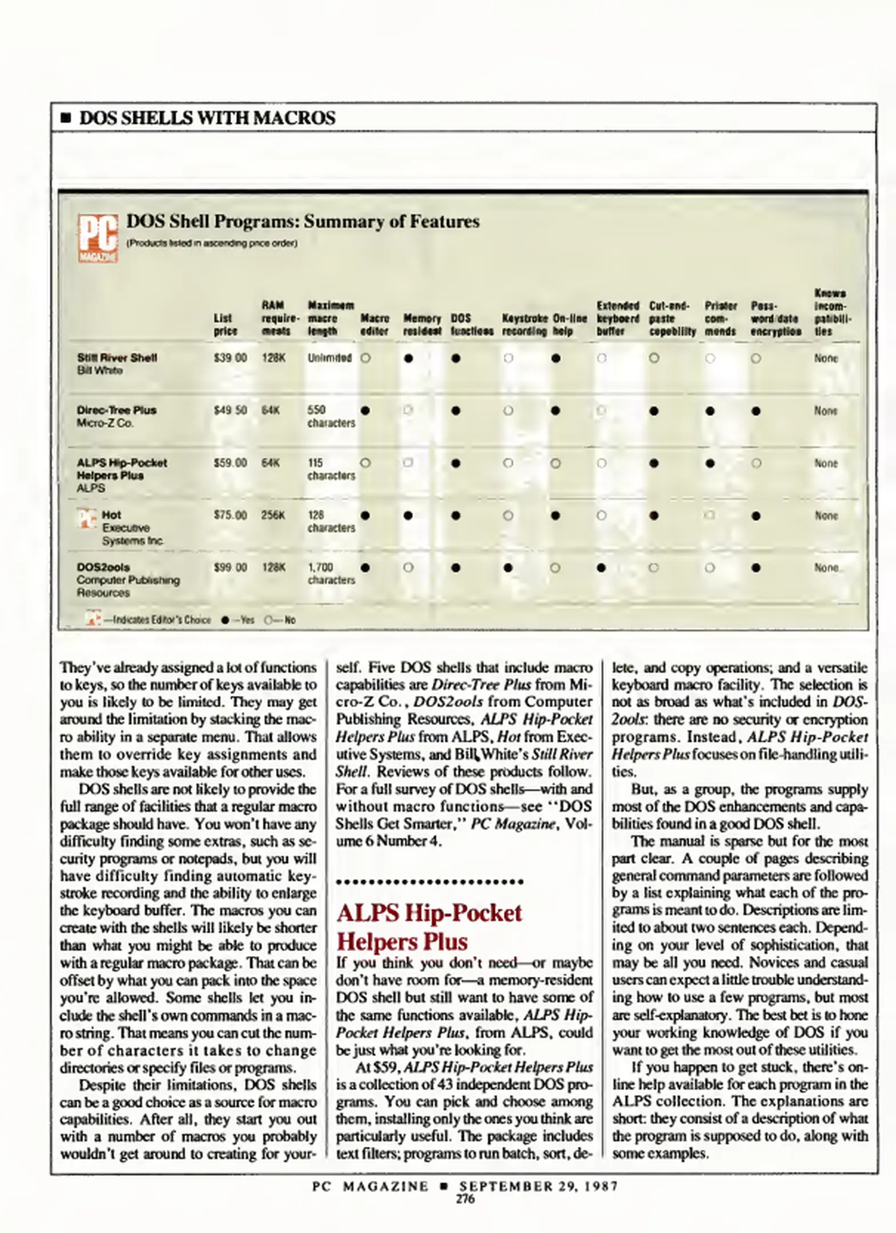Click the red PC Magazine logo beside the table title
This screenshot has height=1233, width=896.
[x=98, y=238]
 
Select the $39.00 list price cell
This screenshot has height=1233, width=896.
[x=230, y=358]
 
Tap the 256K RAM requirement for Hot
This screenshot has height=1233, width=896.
[x=273, y=515]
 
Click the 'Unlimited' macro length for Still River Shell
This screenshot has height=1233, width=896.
[x=330, y=358]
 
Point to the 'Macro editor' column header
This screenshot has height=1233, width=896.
[x=375, y=324]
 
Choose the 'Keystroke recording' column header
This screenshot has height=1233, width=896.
[x=525, y=324]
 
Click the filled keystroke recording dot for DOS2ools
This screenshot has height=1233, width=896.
[x=508, y=568]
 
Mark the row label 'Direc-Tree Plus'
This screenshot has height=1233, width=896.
[x=116, y=410]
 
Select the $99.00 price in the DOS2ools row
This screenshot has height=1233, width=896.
[x=230, y=567]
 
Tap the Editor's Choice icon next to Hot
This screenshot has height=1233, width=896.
[x=87, y=518]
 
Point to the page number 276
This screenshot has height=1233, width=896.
[x=465, y=1199]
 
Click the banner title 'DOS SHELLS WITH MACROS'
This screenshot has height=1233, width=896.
[x=207, y=118]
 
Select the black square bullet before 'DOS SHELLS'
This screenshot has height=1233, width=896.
[x=66, y=119]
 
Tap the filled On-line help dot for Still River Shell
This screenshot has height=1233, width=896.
[x=556, y=358]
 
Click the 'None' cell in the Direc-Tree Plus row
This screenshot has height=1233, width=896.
[x=826, y=410]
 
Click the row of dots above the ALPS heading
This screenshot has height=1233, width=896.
[x=429, y=882]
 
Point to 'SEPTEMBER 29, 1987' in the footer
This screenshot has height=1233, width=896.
[x=539, y=1186]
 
